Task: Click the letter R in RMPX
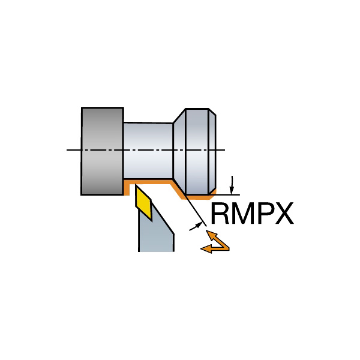220,214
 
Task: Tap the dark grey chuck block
102,151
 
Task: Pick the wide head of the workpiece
198,150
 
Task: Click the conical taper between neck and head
178,150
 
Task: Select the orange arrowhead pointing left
206,248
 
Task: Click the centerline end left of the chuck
68,150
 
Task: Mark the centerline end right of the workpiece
224,150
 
